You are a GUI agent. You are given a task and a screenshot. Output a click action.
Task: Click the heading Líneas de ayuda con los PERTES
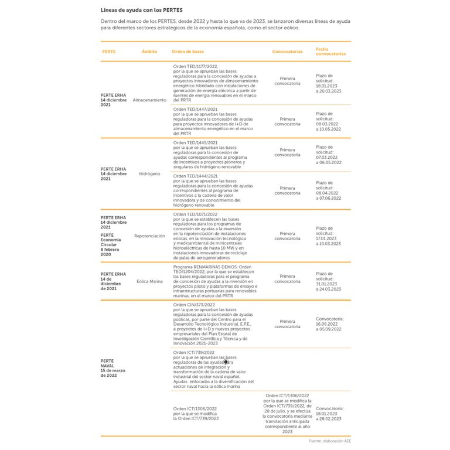(141, 10)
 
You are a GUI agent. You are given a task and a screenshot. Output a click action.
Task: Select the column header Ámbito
(149, 52)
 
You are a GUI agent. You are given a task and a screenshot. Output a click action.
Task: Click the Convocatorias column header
(287, 52)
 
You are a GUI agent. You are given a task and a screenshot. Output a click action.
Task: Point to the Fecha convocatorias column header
(330, 52)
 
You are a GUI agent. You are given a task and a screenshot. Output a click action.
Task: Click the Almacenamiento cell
(149, 100)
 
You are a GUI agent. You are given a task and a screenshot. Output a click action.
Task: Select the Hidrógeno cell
(149, 174)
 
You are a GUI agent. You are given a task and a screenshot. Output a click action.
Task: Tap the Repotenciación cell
(149, 236)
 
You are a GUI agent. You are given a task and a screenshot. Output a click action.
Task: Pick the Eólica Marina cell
(149, 281)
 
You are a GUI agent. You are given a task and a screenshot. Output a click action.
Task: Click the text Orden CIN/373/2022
(194, 305)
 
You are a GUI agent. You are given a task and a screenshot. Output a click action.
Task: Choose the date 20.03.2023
(329, 91)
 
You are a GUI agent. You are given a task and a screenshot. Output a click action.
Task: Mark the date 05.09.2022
(329, 329)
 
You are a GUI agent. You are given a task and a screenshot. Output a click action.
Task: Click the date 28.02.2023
(329, 419)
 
